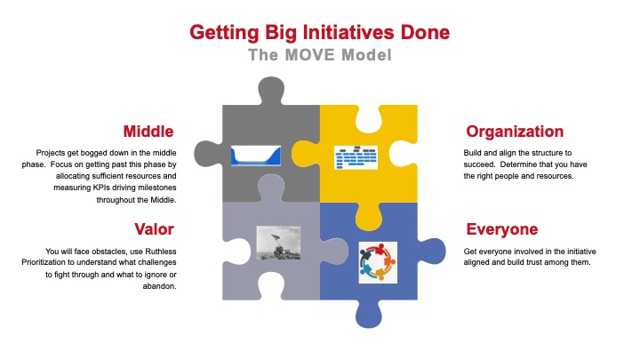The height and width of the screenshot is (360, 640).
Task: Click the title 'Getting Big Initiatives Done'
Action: (320, 33)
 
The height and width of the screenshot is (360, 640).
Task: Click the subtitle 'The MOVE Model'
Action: (319, 55)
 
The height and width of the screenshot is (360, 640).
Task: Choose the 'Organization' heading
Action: (515, 132)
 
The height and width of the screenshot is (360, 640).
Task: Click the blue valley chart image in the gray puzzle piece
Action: (256, 156)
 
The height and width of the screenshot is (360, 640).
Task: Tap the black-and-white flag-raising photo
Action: (275, 243)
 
